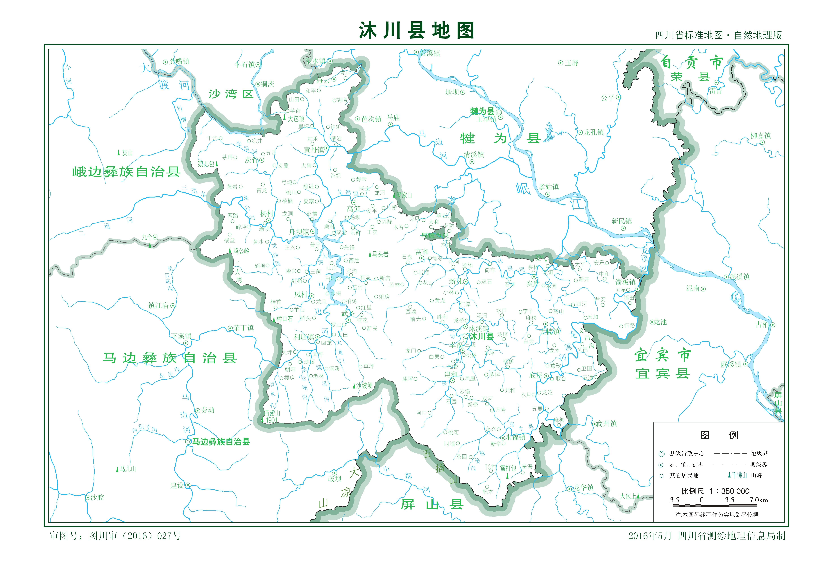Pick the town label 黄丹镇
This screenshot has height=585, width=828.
point(314,150)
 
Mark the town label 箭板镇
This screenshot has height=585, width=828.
point(626,282)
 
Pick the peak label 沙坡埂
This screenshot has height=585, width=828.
point(364,386)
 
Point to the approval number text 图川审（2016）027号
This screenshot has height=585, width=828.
point(134,536)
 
